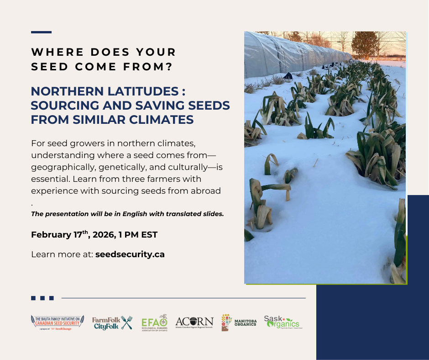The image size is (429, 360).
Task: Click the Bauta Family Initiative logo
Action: point(51,322)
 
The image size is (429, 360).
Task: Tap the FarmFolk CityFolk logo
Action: point(112,323)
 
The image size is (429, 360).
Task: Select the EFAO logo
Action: point(155,323)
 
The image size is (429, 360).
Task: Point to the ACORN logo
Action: point(194,322)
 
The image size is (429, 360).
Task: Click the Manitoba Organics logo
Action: point(239,322)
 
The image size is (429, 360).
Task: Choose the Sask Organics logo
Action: point(282,322)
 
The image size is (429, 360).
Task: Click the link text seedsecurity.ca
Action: point(130,254)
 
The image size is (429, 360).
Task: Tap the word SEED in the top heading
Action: point(47,67)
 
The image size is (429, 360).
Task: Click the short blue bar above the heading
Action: point(41,32)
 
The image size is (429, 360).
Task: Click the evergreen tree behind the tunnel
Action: point(364,45)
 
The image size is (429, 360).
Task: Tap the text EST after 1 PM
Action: point(149,235)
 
